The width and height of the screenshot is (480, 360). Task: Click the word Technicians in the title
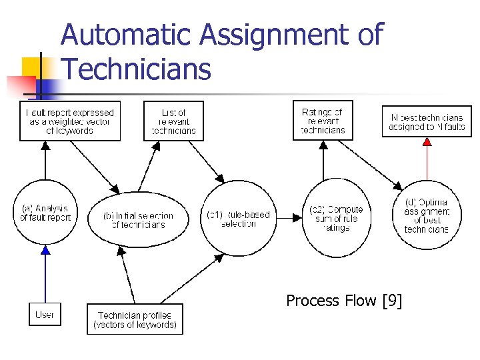(136, 69)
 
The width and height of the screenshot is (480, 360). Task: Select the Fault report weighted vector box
(70, 121)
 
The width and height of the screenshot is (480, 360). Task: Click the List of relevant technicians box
(173, 121)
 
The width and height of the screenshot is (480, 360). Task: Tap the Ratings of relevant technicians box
(323, 121)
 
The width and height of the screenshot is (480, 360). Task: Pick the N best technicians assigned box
(426, 121)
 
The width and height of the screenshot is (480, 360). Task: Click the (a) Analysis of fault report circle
(45, 213)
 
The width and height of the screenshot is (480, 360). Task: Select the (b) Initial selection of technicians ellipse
(139, 220)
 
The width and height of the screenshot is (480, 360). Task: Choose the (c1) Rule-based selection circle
(239, 219)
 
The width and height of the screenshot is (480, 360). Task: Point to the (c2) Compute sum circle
(336, 219)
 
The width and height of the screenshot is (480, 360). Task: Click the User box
(45, 315)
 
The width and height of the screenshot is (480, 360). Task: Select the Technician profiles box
(135, 319)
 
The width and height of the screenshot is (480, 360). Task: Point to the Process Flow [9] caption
(344, 301)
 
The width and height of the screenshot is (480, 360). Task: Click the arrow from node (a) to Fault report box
(45, 160)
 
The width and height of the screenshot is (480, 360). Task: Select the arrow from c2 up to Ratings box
(323, 160)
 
